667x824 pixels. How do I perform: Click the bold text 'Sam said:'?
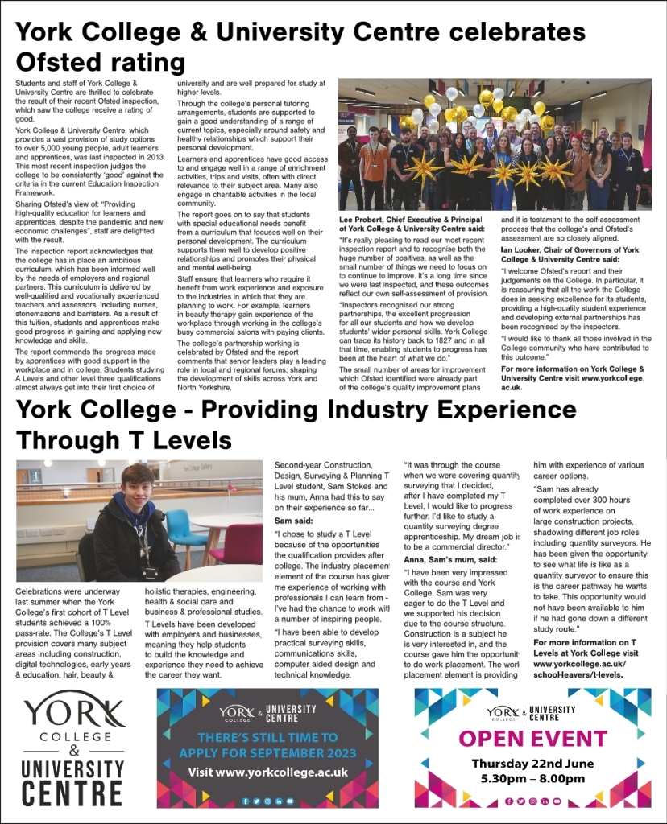pyautogui.click(x=291, y=521)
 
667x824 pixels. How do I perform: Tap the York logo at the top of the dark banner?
pyautogui.click(x=238, y=711)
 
